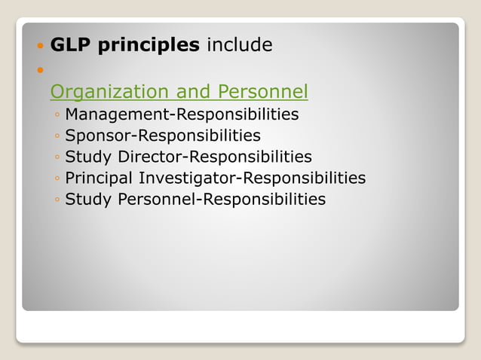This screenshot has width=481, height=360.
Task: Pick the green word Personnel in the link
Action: tap(262, 92)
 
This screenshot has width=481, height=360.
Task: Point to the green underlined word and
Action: tap(193, 92)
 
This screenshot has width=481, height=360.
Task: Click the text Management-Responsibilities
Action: tap(182, 114)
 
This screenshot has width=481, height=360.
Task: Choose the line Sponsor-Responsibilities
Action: tap(163, 136)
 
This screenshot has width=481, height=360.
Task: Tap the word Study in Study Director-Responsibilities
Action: tap(88, 157)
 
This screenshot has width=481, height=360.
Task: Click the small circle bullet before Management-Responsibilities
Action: tap(57, 116)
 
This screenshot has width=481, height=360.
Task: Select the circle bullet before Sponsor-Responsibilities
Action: tap(57, 137)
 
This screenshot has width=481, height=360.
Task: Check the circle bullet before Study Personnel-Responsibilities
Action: tap(57, 201)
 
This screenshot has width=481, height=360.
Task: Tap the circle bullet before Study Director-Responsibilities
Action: tap(57, 158)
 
